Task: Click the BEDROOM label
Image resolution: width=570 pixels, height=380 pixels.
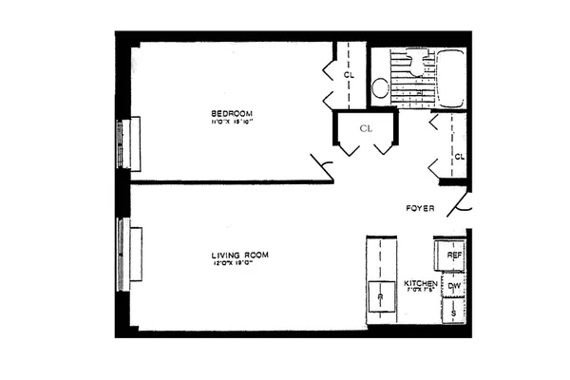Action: pyautogui.click(x=233, y=113)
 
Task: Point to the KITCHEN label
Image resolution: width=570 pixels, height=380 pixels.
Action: pyautogui.click(x=420, y=284)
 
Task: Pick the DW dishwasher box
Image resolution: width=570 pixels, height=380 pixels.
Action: pyautogui.click(x=454, y=285)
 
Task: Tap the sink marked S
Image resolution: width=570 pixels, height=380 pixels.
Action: pyautogui.click(x=454, y=312)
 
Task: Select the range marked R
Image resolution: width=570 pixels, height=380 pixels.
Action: pyautogui.click(x=379, y=297)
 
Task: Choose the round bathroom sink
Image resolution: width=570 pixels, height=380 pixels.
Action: pyautogui.click(x=379, y=88)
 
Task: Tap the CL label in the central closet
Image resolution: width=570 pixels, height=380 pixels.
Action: pyautogui.click(x=365, y=126)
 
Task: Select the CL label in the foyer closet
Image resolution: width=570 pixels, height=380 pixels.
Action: pyautogui.click(x=458, y=156)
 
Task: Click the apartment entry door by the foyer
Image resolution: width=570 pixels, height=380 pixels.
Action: pyautogui.click(x=463, y=204)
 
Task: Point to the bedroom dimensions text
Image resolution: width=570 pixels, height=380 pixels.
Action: pyautogui.click(x=233, y=123)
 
